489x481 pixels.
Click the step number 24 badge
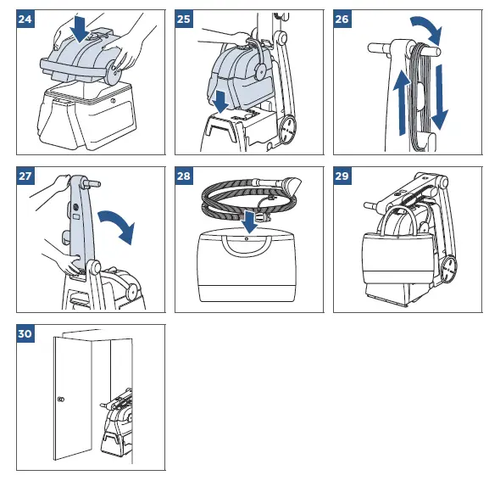(x=25, y=19)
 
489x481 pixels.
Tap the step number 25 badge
(x=184, y=19)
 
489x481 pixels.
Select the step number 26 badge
(x=342, y=19)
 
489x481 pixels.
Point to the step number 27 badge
(x=25, y=176)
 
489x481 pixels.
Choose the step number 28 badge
(x=184, y=176)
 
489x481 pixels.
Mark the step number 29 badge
(x=342, y=176)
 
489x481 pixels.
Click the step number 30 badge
(x=25, y=333)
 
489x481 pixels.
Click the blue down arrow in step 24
(x=81, y=29)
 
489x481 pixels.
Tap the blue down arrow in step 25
(x=221, y=102)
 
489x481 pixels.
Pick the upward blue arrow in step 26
(x=402, y=103)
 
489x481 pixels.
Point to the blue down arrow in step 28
(x=249, y=221)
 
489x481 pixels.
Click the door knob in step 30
(x=61, y=400)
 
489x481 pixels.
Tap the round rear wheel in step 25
(x=288, y=129)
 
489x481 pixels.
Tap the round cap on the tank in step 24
(x=91, y=37)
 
